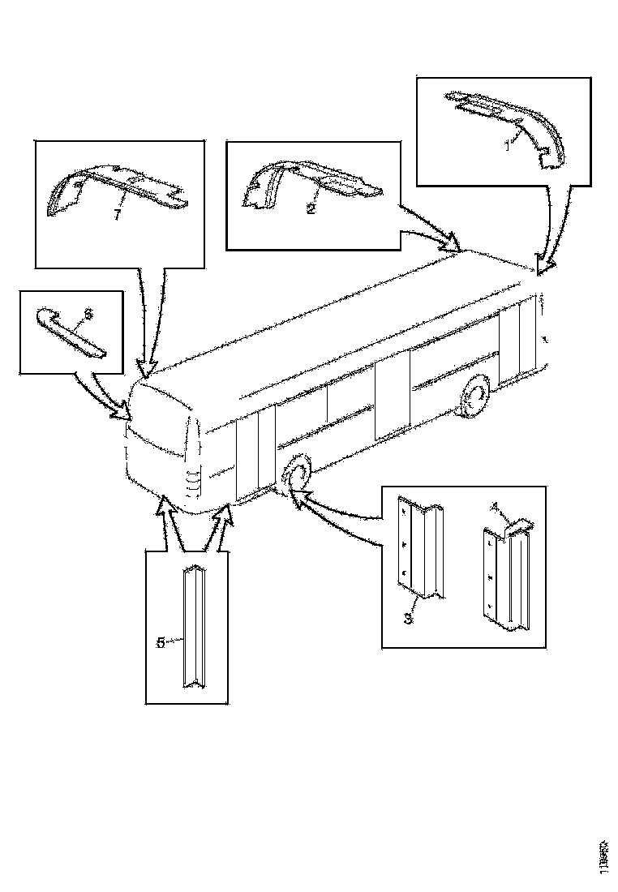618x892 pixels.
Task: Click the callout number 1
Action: pos(508,144)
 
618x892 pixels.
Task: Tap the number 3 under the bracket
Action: pos(408,619)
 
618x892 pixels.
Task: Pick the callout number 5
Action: pos(161,641)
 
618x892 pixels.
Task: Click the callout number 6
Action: pos(89,311)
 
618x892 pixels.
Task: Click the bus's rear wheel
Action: pos(474,397)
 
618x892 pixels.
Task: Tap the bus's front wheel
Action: pos(294,474)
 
